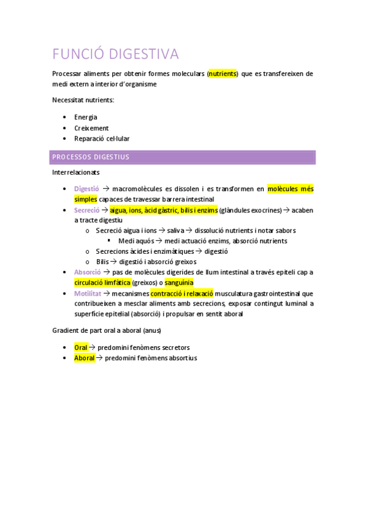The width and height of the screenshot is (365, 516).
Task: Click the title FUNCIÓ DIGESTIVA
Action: (115, 54)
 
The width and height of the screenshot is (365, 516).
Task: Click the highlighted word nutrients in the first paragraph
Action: (222, 74)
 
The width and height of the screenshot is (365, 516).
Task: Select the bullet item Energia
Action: (85, 117)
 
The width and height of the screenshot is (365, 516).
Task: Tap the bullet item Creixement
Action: (91, 128)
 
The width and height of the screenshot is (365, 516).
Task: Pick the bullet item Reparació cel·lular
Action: (102, 139)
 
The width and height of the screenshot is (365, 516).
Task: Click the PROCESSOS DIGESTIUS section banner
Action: (182, 157)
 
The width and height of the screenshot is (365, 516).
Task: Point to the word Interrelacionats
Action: (76, 173)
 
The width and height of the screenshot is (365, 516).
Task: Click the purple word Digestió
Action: (87, 189)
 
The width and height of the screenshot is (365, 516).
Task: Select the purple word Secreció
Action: (87, 210)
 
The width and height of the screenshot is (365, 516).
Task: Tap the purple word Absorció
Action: (87, 272)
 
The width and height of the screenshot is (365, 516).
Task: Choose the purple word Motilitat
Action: (88, 293)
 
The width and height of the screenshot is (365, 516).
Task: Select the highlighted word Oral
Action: (81, 347)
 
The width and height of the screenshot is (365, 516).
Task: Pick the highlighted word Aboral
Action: (85, 358)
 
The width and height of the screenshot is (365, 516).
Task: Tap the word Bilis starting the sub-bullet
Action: (102, 262)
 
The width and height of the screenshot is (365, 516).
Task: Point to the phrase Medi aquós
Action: (136, 241)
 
